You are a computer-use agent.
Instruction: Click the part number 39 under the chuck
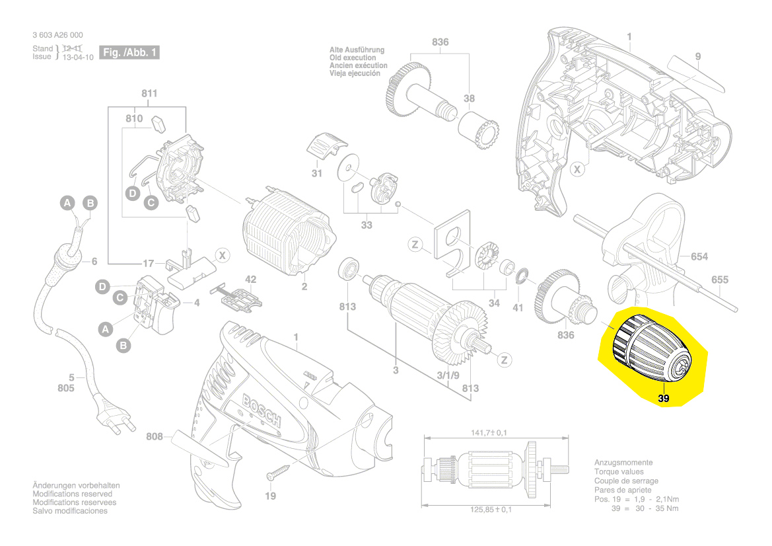[x=664, y=398]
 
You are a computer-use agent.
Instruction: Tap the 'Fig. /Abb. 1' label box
[x=129, y=52]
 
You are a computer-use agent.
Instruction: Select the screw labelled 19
[x=278, y=473]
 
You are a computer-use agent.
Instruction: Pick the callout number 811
[x=149, y=94]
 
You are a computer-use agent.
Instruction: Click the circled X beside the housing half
[x=577, y=170]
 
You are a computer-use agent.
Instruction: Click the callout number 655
[x=719, y=280]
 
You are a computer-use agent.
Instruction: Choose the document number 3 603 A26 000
[x=57, y=35]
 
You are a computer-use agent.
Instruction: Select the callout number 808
[x=155, y=436]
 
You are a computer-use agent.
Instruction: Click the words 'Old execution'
[x=353, y=58]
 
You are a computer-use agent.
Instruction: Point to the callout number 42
[x=250, y=279]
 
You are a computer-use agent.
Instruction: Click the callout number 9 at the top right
[x=697, y=56]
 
